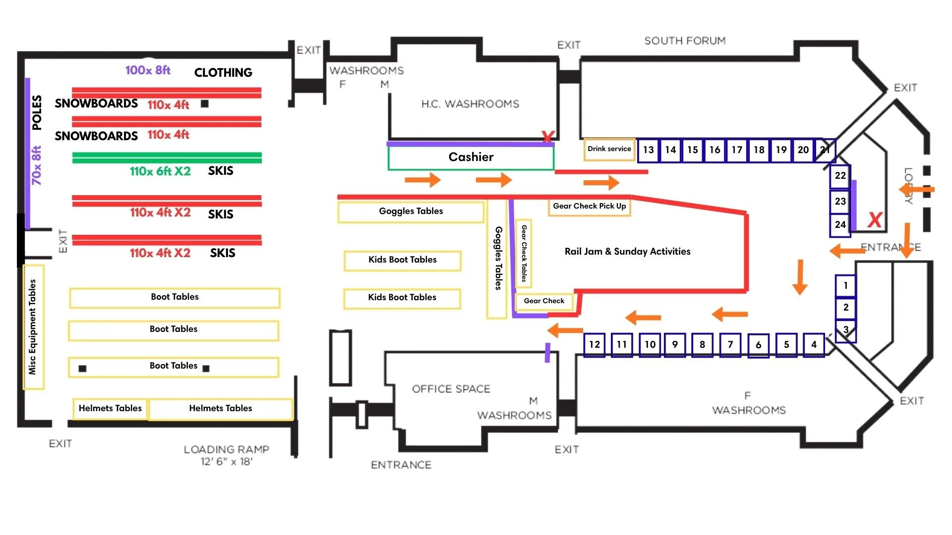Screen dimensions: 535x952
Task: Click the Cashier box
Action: tap(471, 158)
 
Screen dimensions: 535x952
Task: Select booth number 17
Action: tap(737, 150)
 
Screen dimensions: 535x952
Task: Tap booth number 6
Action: tap(758, 345)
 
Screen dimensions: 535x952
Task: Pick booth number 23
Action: tap(840, 202)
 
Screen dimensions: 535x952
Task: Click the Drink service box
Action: tap(609, 149)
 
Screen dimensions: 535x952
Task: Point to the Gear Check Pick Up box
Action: tap(589, 206)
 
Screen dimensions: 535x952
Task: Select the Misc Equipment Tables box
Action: tap(33, 327)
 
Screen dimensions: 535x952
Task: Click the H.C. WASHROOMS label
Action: tap(470, 104)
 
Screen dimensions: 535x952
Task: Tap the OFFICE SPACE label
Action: tap(451, 389)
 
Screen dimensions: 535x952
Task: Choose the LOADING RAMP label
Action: tap(227, 450)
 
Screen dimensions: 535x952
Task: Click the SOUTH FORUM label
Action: tap(685, 41)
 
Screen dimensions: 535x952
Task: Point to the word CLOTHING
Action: tap(223, 73)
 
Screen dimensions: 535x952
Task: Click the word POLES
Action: tap(37, 112)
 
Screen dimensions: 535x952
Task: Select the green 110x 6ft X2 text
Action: tap(160, 171)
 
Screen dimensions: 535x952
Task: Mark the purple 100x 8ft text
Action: tap(148, 70)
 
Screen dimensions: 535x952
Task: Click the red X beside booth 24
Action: tap(875, 219)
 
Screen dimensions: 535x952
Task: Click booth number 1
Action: tap(845, 285)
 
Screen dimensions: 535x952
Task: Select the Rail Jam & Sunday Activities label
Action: tap(627, 252)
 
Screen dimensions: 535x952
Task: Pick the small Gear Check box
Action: tap(544, 301)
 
